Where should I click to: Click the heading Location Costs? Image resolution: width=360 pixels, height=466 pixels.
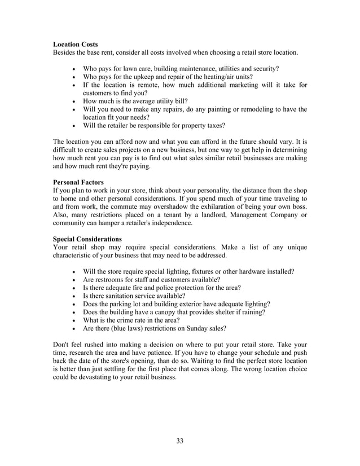(x=75, y=44)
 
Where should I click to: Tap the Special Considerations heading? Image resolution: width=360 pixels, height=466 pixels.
(x=87, y=239)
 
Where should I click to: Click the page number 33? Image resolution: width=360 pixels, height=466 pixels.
(x=179, y=441)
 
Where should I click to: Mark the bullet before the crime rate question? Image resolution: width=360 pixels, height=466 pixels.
(x=74, y=320)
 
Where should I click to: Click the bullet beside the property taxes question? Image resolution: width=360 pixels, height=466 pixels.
(x=74, y=126)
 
